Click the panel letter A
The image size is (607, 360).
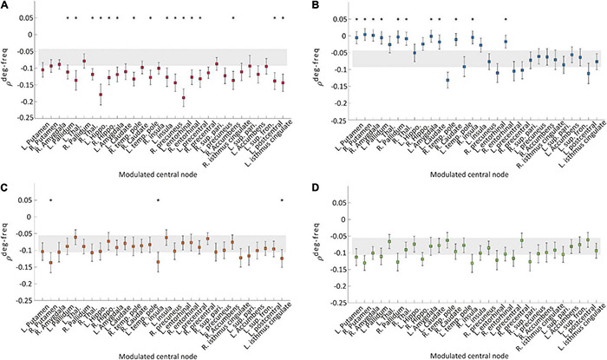click(5, 6)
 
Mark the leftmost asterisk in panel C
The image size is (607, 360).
click(51, 200)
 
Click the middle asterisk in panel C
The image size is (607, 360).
click(159, 200)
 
